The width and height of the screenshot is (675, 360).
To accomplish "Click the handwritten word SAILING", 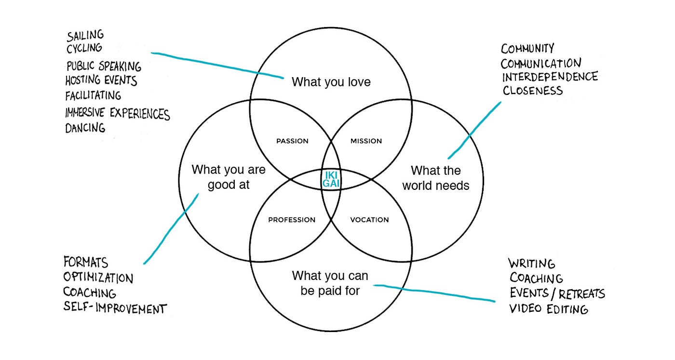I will pyautogui.click(x=85, y=36).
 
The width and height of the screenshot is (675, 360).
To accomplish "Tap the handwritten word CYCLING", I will pyautogui.click(x=84, y=48).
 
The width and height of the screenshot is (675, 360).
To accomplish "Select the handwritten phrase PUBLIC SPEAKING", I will pyautogui.click(x=104, y=66).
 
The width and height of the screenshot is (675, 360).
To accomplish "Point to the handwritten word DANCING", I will pyautogui.click(x=85, y=128).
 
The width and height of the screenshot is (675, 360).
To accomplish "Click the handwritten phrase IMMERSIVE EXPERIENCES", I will pyautogui.click(x=117, y=113).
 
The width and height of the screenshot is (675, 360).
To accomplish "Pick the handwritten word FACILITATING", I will pyautogui.click(x=93, y=95).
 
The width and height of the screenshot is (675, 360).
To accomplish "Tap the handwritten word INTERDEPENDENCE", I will pyautogui.click(x=550, y=77).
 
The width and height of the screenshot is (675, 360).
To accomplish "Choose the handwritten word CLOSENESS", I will pyautogui.click(x=532, y=91).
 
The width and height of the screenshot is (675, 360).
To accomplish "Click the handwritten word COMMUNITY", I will pyautogui.click(x=527, y=49).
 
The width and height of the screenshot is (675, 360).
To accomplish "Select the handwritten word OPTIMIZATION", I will pyautogui.click(x=98, y=279).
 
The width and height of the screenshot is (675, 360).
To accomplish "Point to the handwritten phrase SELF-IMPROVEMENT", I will pyautogui.click(x=115, y=308).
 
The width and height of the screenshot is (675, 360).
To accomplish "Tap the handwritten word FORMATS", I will pyautogui.click(x=86, y=263).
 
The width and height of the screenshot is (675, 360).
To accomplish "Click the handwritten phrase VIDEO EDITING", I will pyautogui.click(x=549, y=309).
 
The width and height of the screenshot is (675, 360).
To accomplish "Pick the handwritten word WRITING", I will pyautogui.click(x=532, y=264).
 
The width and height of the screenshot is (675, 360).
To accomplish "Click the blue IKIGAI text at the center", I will pyautogui.click(x=331, y=179).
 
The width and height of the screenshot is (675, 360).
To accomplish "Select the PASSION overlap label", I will pyautogui.click(x=292, y=141).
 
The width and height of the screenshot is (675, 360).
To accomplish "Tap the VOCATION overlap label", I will pyautogui.click(x=369, y=220).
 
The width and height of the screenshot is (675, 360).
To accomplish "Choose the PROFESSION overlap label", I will pyautogui.click(x=292, y=220).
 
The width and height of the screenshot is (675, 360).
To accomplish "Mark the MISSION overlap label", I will pyautogui.click(x=366, y=141).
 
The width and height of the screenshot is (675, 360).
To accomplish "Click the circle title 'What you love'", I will pyautogui.click(x=331, y=82).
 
